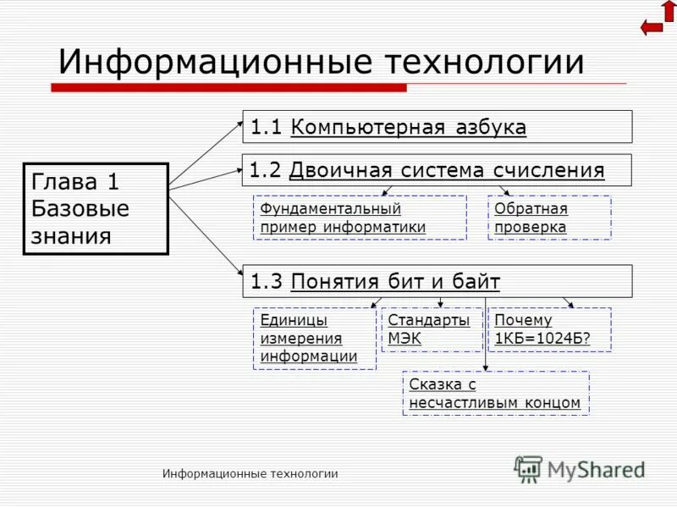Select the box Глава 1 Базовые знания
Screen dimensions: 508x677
coord(96,208)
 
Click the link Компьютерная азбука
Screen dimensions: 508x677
coord(408,127)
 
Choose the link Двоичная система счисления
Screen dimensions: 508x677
coord(447,170)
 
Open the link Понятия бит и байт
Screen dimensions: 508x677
coord(395,281)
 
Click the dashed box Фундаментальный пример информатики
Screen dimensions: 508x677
coord(360,218)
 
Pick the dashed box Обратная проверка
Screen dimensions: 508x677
coord(549,218)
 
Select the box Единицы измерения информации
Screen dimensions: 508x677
coord(314,338)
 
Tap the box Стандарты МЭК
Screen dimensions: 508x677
coord(432,329)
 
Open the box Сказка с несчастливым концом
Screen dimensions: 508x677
coord(495,393)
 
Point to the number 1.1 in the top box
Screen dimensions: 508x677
coord(265,127)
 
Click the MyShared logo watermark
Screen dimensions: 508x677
coord(580,469)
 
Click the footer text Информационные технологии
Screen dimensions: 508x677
coord(250,474)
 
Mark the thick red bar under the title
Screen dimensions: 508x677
coord(228,87)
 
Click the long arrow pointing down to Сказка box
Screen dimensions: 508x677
coord(485,334)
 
